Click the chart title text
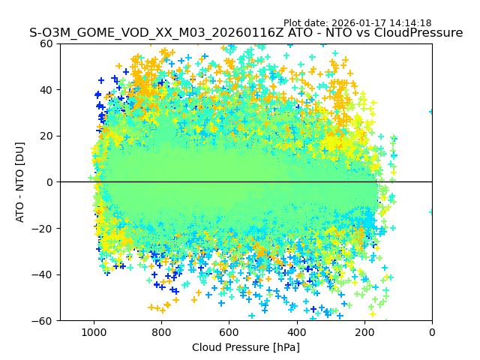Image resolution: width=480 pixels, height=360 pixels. (x=246, y=33)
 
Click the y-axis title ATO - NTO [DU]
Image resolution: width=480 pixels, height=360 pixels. (x=20, y=182)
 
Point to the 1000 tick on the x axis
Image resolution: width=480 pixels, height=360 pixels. (x=93, y=331)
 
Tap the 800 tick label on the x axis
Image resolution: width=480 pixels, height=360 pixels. (x=161, y=331)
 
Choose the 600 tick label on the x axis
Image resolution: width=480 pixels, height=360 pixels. (x=229, y=331)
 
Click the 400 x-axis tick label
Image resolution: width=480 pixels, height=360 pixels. (x=296, y=331)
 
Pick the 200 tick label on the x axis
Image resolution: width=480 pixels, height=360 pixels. (x=364, y=331)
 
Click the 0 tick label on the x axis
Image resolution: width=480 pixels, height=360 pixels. (x=432, y=331)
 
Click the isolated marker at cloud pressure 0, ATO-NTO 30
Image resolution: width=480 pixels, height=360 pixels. (x=432, y=112)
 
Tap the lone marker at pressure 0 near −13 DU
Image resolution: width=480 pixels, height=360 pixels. (x=432, y=211)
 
